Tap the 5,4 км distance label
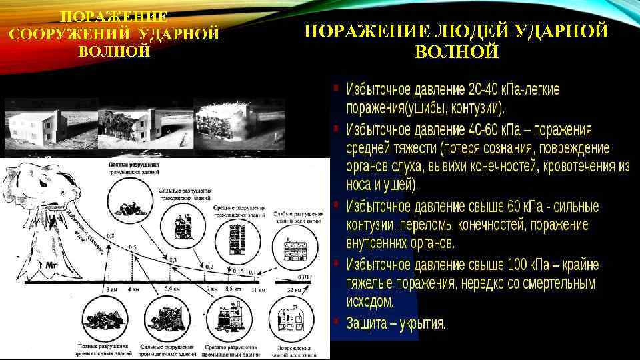[172, 290]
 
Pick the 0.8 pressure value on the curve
[109, 236]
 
